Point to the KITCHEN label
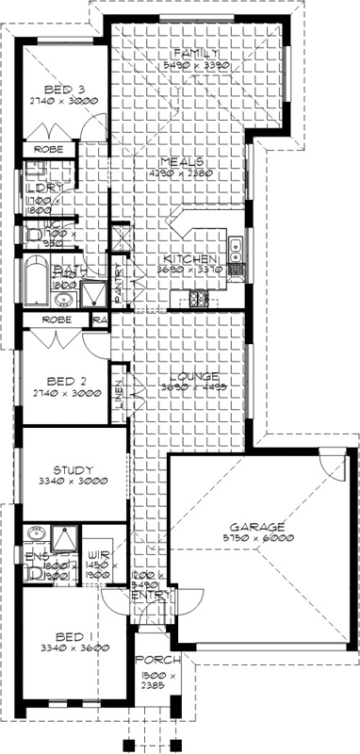[x=190, y=258]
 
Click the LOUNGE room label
[x=195, y=375]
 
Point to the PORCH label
[x=156, y=661]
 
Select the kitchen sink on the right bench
[x=237, y=252]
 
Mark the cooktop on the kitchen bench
[x=199, y=300]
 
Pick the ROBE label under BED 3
[x=49, y=149]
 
